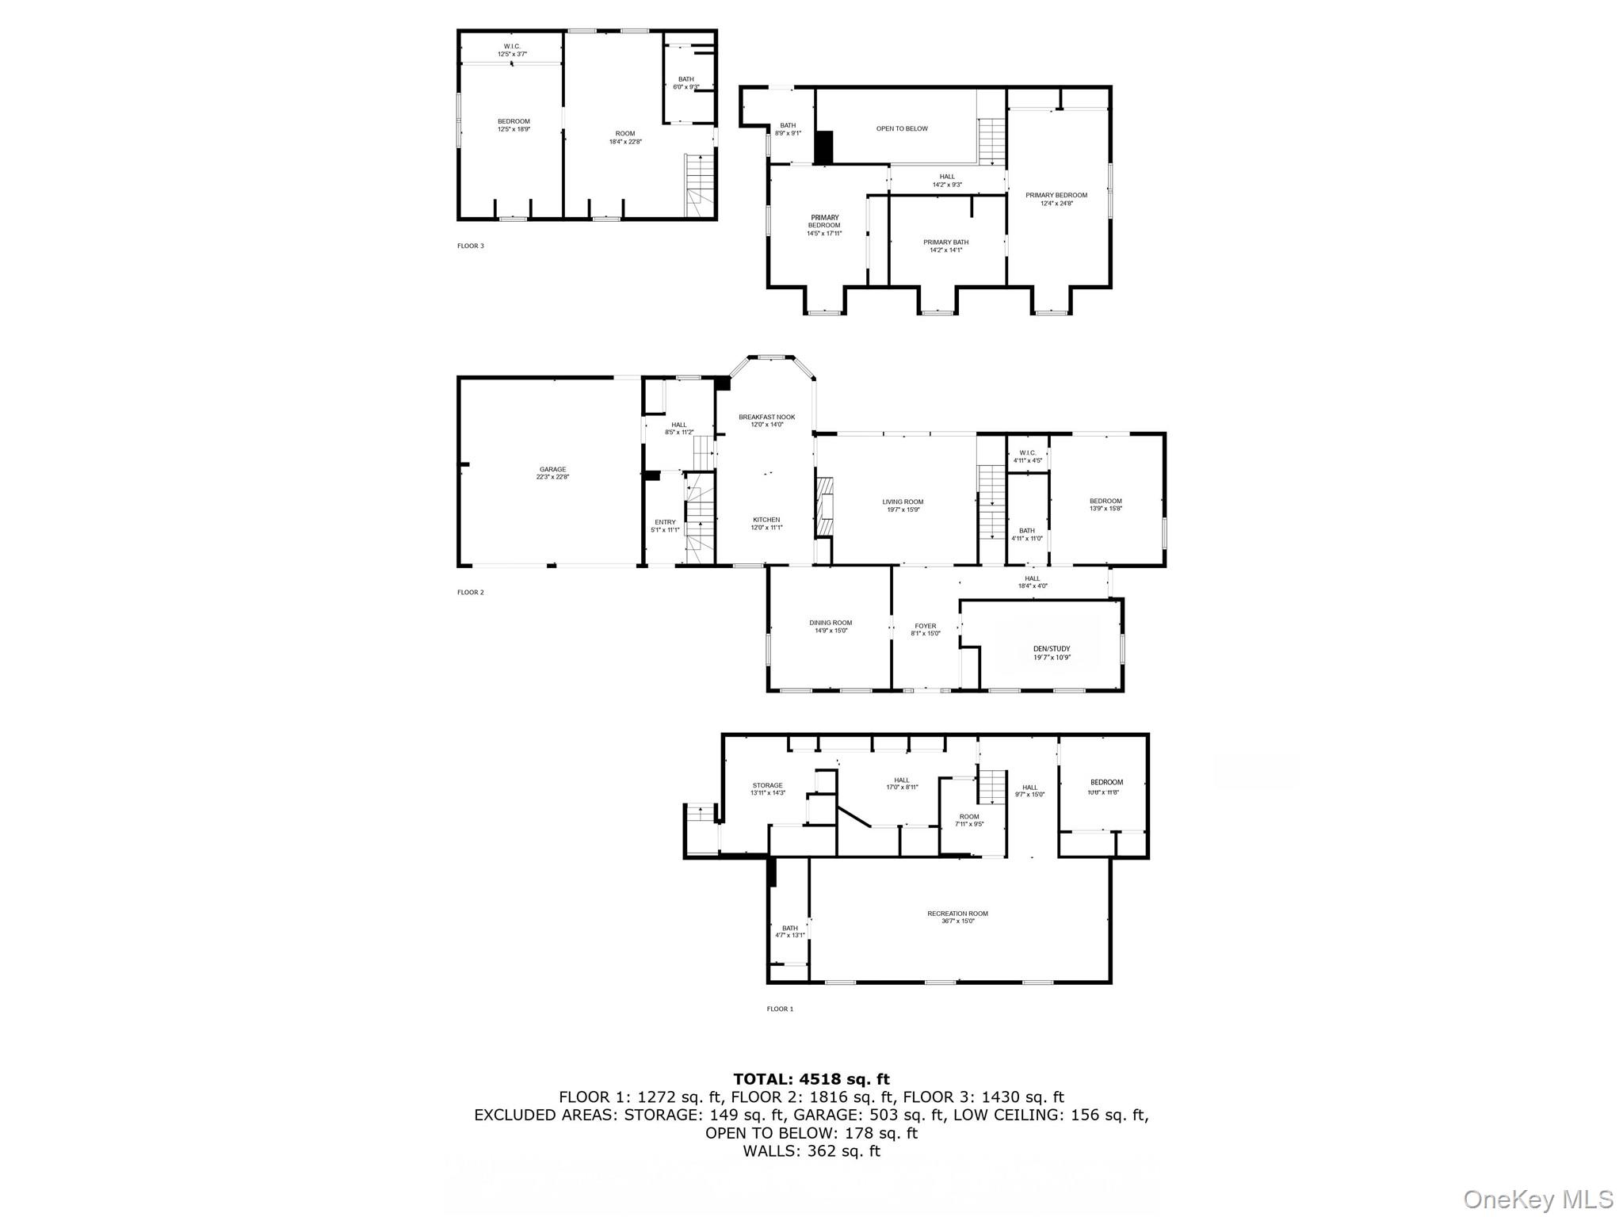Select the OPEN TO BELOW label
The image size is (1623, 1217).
point(901,128)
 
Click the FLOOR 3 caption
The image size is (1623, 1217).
point(470,246)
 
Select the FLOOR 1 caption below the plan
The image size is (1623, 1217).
point(779,1009)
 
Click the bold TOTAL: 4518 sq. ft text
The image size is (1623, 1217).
point(811,1078)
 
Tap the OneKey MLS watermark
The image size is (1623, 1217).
point(1537,1199)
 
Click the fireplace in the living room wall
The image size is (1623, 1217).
point(824,508)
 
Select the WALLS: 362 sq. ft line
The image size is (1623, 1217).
point(811,1150)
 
